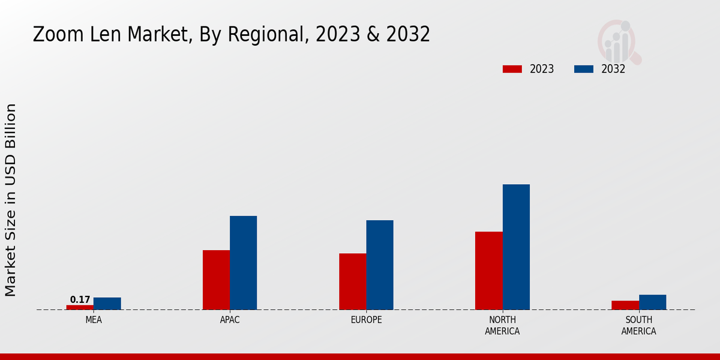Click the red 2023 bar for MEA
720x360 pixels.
click(x=80, y=307)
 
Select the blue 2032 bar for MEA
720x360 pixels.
click(x=107, y=304)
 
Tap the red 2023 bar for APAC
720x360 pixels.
click(x=216, y=280)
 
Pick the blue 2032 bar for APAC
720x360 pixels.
click(x=243, y=263)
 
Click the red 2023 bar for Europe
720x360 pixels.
click(x=352, y=281)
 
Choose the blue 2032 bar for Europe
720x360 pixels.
click(x=380, y=265)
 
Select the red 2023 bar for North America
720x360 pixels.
click(x=488, y=271)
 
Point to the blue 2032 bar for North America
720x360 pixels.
click(x=516, y=247)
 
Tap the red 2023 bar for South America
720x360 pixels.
click(x=625, y=305)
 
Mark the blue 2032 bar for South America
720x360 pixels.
click(x=652, y=302)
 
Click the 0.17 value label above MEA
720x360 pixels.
click(x=80, y=299)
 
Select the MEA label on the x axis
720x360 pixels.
click(x=94, y=320)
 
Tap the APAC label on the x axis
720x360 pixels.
click(x=230, y=320)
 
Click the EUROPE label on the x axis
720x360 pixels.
click(x=366, y=320)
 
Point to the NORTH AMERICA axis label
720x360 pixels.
click(x=502, y=325)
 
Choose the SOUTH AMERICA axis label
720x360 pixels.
click(x=638, y=325)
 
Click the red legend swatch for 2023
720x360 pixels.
click(x=512, y=69)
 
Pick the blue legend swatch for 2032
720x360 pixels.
click(x=583, y=69)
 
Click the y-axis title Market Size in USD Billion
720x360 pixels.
click(x=11, y=200)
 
